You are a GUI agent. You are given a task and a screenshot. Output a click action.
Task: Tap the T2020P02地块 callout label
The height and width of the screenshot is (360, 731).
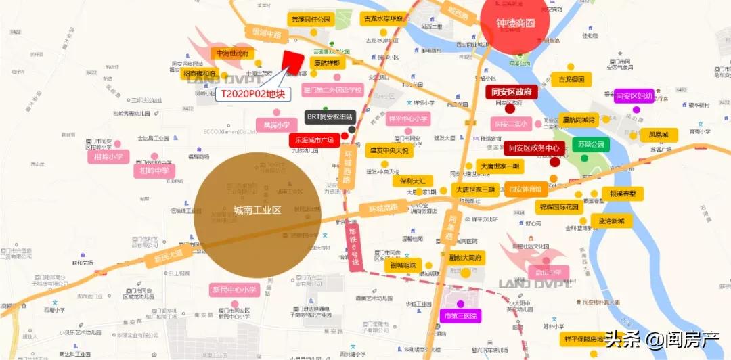pos(253,94)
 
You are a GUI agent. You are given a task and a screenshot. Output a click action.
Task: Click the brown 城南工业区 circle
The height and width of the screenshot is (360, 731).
pos(257,210)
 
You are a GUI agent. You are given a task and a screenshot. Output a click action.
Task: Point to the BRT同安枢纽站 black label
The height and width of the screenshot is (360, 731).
pos(330,116)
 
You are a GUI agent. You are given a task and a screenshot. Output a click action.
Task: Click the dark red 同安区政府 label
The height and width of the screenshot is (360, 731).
pos(512,92)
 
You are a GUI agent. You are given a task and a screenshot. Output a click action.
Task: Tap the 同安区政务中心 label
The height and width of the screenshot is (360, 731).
pos(534,148)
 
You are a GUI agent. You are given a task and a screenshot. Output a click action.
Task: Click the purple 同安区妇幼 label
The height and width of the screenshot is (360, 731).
pos(634,96)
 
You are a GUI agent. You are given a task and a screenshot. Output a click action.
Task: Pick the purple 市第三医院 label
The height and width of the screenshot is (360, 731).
pos(460,316)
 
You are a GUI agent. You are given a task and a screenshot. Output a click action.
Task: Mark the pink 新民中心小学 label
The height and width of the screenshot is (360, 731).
pos(235,290)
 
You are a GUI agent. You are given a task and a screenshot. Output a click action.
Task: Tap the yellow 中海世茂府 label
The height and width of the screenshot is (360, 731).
pos(232,53)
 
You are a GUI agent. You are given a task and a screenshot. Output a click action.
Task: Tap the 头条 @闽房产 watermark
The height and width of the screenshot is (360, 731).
pos(664,340)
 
